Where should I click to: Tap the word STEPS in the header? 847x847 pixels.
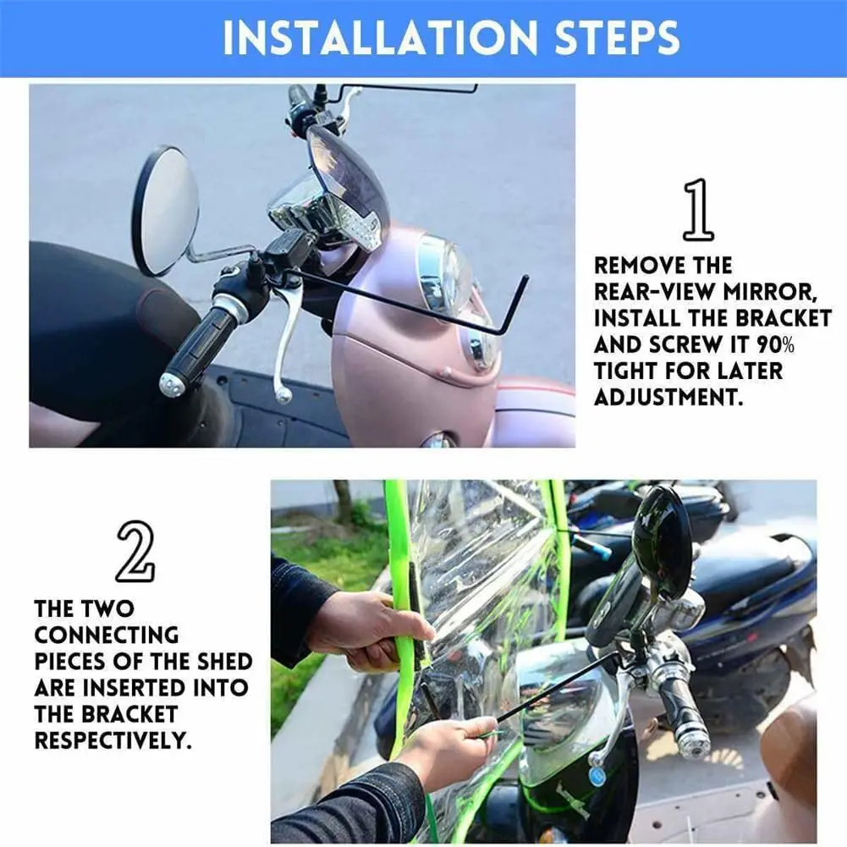(618, 37)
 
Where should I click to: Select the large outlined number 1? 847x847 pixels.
(698, 209)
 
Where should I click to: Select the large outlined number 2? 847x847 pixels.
(135, 552)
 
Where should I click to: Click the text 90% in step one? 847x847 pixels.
(775, 344)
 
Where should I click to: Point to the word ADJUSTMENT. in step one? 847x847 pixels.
(668, 397)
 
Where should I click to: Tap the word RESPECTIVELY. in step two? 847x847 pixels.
(113, 740)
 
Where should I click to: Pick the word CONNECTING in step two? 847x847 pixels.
(107, 635)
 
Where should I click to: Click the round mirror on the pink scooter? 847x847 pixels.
(165, 212)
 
